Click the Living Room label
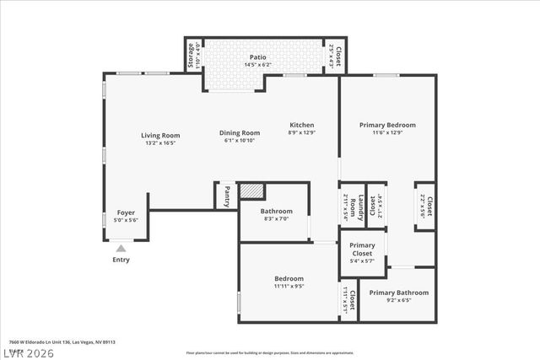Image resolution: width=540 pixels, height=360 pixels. pos(159,135)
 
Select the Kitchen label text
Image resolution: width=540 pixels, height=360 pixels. pos(301,125)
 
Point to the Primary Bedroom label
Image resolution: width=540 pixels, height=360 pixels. pos(387,125)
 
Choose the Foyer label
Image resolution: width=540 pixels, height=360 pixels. pos(126,212)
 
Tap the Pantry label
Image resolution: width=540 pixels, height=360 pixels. pos(226,196)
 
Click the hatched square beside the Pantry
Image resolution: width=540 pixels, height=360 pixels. pos(251,191)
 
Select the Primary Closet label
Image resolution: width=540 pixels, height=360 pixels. pos(362,250)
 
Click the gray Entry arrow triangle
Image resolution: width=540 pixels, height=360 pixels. pos(121,248)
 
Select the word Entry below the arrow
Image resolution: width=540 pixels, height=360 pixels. pos(121,260)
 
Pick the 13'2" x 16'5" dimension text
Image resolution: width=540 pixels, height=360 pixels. pos(159,143)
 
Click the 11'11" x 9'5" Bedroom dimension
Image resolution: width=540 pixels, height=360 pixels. pos(289,286)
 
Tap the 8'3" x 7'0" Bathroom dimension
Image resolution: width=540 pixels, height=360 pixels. pos(276,218)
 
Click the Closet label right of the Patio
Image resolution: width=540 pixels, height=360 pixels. pos(338,55)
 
